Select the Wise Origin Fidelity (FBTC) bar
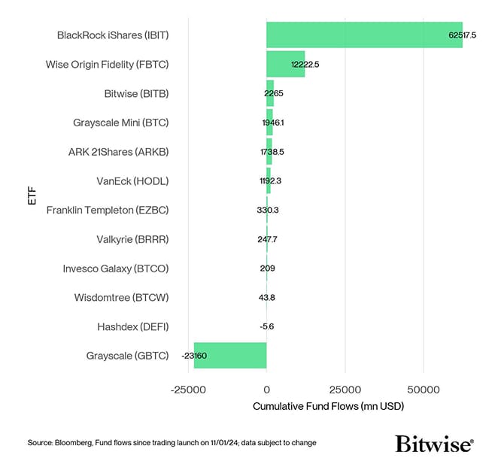point(285,65)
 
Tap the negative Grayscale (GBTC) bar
point(230,355)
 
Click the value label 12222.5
point(305,65)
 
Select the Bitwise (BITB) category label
point(136,94)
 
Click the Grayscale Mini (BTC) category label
point(120,123)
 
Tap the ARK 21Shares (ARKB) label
point(118,152)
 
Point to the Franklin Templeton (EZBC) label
point(108,211)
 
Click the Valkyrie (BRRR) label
point(132,239)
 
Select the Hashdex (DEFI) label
point(132,326)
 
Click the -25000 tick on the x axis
point(188,390)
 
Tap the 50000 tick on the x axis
point(424,390)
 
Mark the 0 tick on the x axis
point(266,390)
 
